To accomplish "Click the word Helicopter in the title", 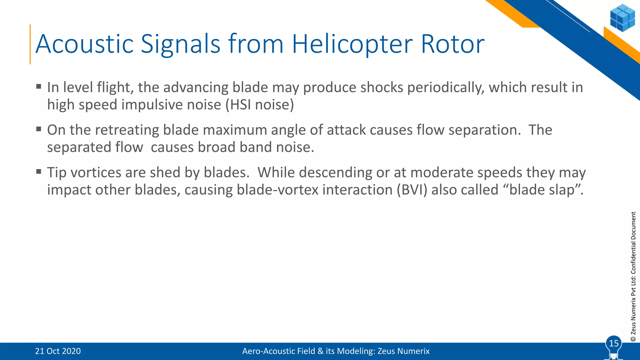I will [x=352, y=44].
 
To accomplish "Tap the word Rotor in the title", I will [x=452, y=44].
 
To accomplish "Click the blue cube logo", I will [x=622, y=18].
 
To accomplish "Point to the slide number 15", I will [x=614, y=343].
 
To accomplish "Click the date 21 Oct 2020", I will [x=58, y=351].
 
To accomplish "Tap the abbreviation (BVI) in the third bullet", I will [x=412, y=190].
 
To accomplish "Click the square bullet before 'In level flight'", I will [x=39, y=87].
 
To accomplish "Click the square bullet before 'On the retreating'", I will [x=39, y=129].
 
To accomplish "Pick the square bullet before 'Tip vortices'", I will [x=39, y=172].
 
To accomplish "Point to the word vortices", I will [x=96, y=172].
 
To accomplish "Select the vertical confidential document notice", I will [x=633, y=277].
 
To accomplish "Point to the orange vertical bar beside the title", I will [x=30, y=44].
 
